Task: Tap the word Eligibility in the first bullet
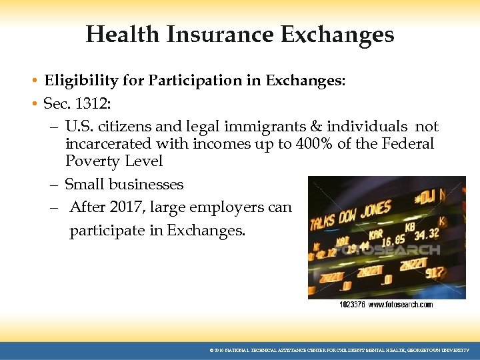tap(75, 81)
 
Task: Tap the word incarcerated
tap(110, 144)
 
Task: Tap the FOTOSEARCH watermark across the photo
tap(387, 251)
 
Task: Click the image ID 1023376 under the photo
tap(351, 305)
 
